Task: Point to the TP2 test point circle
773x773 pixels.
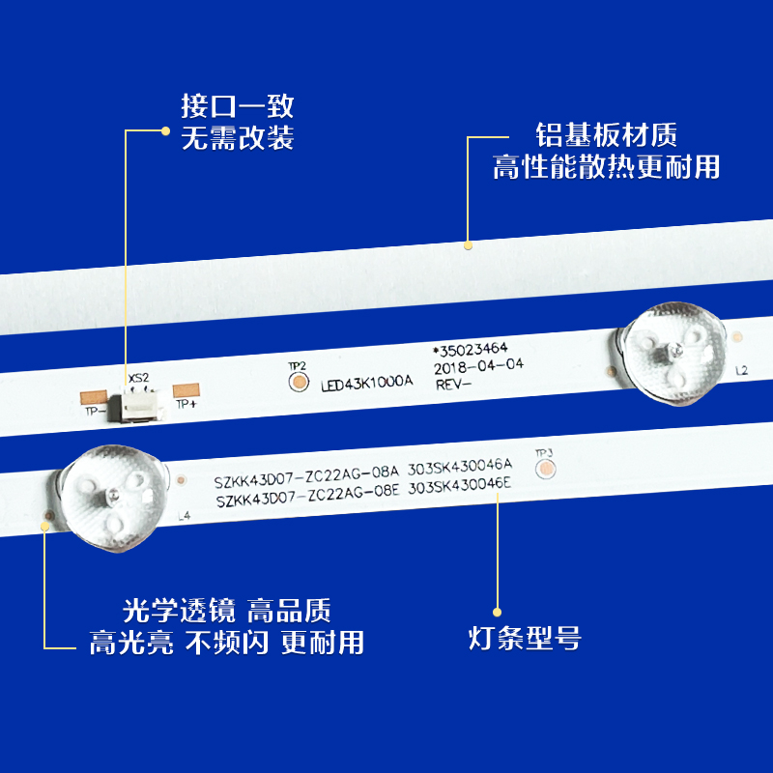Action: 296,382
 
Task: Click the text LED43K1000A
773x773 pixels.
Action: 366,383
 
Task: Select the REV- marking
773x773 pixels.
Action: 451,385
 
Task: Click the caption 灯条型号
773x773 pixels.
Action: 524,640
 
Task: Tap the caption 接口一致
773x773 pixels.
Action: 238,105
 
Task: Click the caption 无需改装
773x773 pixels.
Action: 238,138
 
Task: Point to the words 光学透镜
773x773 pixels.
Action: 164,611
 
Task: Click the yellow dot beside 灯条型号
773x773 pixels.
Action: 497,611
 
